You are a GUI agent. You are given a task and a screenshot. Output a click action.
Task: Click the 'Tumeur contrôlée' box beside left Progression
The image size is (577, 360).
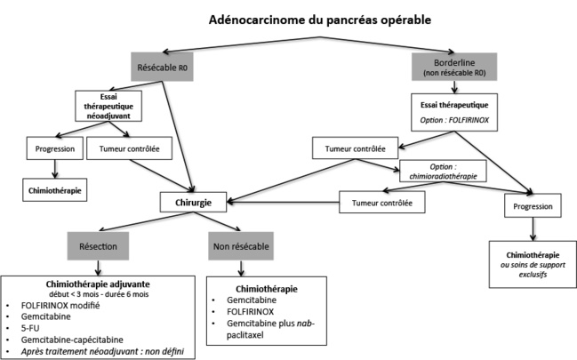click(132, 148)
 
